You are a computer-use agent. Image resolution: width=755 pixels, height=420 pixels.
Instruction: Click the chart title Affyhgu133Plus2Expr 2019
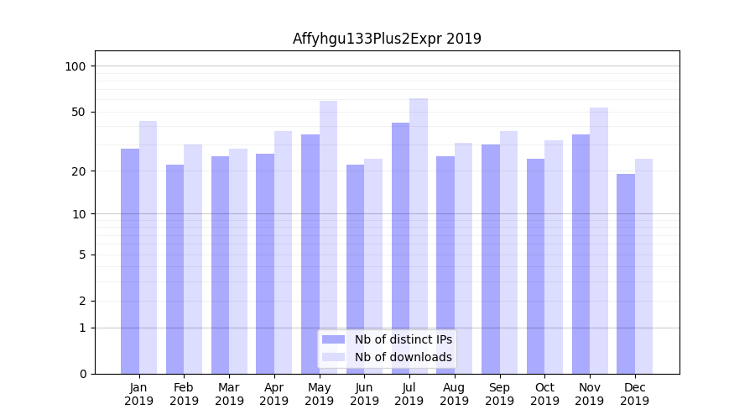click(x=387, y=39)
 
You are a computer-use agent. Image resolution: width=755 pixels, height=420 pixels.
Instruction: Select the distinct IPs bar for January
click(x=130, y=261)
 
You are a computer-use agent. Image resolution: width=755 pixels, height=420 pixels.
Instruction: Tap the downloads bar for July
click(x=419, y=236)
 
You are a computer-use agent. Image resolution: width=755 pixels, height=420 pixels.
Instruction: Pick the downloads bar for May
click(x=328, y=237)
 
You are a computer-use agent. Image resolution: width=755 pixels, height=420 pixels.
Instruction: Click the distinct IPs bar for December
click(x=626, y=274)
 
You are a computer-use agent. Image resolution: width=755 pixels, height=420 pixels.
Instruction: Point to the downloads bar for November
click(x=599, y=240)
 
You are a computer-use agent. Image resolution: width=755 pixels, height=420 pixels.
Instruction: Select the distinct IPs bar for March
click(x=220, y=265)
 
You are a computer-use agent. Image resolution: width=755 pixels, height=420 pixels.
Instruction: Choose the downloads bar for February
click(x=193, y=259)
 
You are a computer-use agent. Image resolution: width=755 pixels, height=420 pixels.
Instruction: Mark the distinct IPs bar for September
click(x=491, y=259)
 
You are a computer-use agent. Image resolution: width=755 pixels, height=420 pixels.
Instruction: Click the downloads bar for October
click(x=554, y=257)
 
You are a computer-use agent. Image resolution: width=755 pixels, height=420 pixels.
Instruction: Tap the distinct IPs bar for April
click(x=265, y=264)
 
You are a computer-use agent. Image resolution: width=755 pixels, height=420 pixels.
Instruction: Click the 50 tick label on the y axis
click(x=79, y=112)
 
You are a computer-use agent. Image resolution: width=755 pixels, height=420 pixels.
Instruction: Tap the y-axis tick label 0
click(x=82, y=374)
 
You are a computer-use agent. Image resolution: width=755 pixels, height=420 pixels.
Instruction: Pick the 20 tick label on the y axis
click(x=79, y=171)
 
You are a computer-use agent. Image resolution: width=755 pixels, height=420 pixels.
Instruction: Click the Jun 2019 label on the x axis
click(x=364, y=394)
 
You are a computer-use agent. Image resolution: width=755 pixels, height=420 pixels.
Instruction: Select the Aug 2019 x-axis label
click(x=455, y=394)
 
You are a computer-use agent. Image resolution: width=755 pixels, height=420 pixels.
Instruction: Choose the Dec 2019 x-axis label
click(x=635, y=394)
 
